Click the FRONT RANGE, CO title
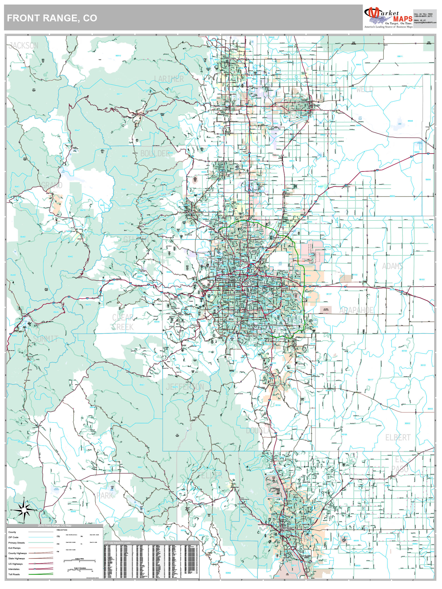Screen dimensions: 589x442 [52, 18]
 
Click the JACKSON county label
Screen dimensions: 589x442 [23, 45]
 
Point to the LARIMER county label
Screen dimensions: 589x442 [169, 79]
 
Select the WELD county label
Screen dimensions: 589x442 [365, 89]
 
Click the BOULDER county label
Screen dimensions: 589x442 [155, 153]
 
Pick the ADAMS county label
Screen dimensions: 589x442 [392, 266]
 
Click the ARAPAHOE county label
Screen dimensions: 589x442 [356, 310]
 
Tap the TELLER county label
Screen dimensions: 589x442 [210, 475]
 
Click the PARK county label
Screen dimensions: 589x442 [105, 496]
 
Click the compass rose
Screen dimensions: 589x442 [24, 510]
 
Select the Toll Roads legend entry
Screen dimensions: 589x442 [14, 574]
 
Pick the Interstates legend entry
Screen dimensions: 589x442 [14, 569]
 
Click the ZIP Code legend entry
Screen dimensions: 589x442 [13, 537]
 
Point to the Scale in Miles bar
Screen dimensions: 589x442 [79, 561]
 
